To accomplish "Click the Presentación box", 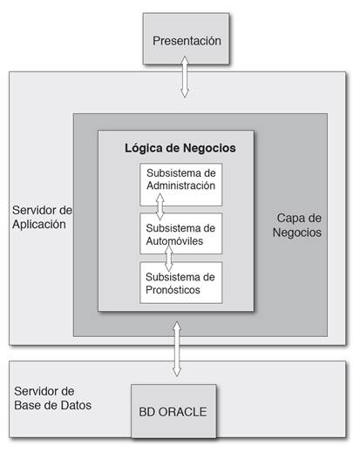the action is (x=186, y=38).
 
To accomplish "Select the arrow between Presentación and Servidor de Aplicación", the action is (x=185, y=77).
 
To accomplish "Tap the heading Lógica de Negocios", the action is (x=180, y=148).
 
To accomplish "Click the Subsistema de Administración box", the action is (x=180, y=185).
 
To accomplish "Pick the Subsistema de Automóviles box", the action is (x=180, y=233).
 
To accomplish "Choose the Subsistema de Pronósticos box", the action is (x=180, y=283).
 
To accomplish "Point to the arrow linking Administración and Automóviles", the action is (x=160, y=206).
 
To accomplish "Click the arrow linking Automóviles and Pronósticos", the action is (x=169, y=258).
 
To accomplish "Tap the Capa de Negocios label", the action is (x=297, y=226).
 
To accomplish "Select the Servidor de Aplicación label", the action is (x=42, y=217).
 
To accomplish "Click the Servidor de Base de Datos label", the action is (x=52, y=398).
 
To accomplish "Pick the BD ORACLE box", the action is (x=173, y=411).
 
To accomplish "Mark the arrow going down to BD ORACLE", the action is (x=177, y=349).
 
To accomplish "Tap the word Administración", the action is (x=180, y=186).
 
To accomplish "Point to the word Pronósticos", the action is (x=173, y=290).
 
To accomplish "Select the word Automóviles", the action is (x=174, y=240).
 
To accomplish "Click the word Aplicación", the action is (x=39, y=225).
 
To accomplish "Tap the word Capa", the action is (x=288, y=219).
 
